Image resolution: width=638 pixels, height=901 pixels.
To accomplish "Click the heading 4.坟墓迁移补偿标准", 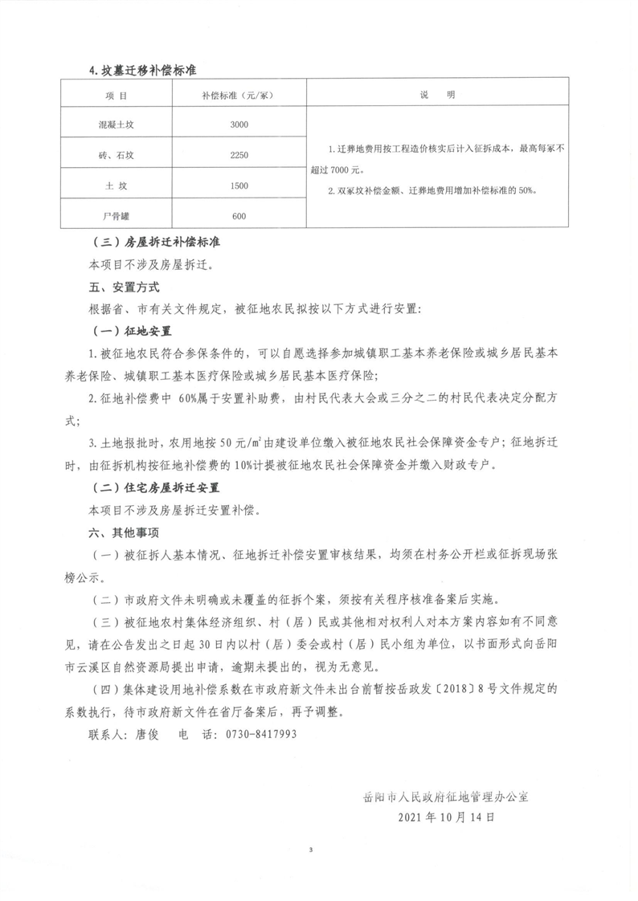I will click(x=143, y=70).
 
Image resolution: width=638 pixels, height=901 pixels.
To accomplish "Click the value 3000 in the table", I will click(x=239, y=124).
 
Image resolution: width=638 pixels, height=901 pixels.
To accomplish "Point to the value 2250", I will click(x=239, y=155).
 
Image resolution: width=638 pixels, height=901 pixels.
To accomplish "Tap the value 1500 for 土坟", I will click(x=239, y=185).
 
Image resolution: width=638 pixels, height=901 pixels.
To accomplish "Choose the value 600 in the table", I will click(x=239, y=216).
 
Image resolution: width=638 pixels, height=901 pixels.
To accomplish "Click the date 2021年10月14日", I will click(x=445, y=817).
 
